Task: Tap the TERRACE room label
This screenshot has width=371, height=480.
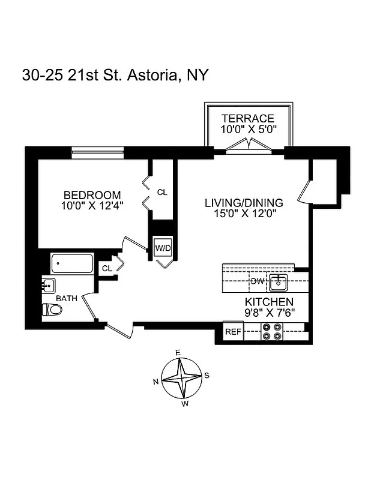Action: pos(247,118)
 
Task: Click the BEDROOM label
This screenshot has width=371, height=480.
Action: pos(92,195)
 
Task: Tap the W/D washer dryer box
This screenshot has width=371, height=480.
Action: pos(162,248)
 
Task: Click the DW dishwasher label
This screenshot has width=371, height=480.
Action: pos(257,281)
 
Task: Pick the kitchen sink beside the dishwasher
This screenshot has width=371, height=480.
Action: pos(279,281)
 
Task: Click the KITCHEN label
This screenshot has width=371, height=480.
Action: pos(268,302)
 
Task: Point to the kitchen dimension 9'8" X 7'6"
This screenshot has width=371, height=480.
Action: pos(268,313)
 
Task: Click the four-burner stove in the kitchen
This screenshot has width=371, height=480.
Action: pos(272,332)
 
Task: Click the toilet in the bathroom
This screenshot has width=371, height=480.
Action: pos(53,310)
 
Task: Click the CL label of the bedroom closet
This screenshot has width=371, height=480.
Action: pos(161,192)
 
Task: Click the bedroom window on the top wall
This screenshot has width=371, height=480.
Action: pos(98,149)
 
